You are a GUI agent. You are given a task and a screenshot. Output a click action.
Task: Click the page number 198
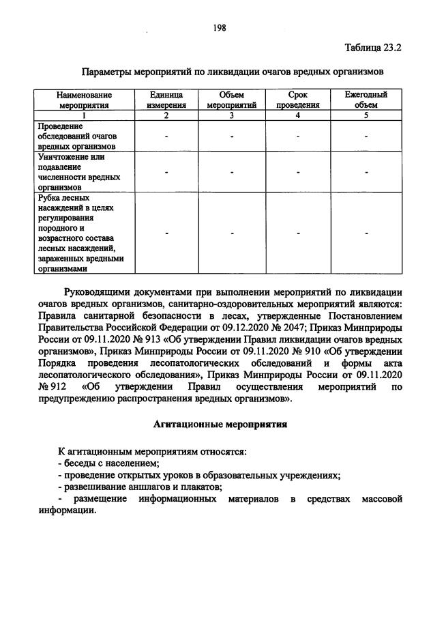pyautogui.click(x=220, y=27)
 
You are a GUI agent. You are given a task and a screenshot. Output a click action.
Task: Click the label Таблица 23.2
pyautogui.click(x=373, y=48)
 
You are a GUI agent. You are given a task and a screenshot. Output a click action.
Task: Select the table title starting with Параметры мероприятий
pyautogui.click(x=233, y=72)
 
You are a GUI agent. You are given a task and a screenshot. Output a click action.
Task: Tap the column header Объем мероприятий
pyautogui.click(x=232, y=100)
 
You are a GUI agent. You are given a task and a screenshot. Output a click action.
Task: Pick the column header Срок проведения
pyautogui.click(x=298, y=100)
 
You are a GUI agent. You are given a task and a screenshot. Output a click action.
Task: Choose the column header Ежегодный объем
pyautogui.click(x=366, y=100)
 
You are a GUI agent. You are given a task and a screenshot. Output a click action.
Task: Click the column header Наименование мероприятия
pyautogui.click(x=85, y=100)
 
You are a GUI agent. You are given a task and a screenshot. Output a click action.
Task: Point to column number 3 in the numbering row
pyautogui.click(x=232, y=115)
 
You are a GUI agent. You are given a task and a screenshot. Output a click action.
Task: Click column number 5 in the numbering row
pyautogui.click(x=366, y=115)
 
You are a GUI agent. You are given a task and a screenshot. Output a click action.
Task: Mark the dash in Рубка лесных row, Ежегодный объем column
pyautogui.click(x=366, y=233)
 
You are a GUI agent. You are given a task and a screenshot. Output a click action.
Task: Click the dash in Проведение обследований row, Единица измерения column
pyautogui.click(x=166, y=137)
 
